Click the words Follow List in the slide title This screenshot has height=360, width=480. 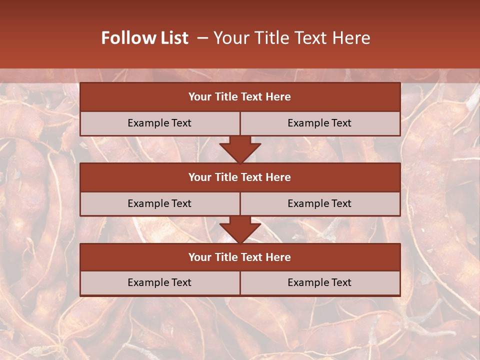point(144,38)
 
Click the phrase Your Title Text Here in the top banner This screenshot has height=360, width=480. point(291,38)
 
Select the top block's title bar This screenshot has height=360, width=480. point(240,97)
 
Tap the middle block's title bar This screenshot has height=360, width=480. point(240,177)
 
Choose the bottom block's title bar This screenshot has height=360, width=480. point(240,257)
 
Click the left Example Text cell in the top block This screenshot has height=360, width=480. point(159,123)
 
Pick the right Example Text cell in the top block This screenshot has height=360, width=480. point(319,123)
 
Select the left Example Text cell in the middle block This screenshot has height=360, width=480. point(159,203)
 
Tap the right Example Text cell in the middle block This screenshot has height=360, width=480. point(319,203)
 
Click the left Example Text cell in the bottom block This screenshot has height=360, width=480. point(159,282)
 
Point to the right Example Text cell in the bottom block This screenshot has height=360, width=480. point(319,282)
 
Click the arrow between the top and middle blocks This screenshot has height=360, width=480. point(240,149)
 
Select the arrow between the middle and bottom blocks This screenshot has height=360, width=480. point(240,229)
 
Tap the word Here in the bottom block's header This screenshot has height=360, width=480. point(278,257)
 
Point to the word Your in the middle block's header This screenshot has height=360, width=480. point(200,177)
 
